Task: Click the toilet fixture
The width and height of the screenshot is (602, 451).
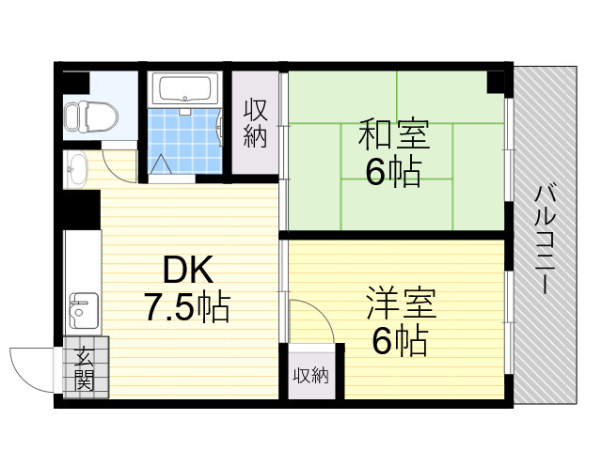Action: pos(90,117)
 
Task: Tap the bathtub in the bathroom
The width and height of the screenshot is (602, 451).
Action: pos(185,89)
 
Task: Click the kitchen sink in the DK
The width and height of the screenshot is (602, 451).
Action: pos(84,311)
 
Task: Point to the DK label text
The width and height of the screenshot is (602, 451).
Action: pos(188,270)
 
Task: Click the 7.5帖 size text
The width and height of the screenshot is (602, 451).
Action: pos(187,307)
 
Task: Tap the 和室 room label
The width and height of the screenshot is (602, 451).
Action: pos(394,134)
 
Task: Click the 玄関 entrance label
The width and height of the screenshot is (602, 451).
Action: pos(84,368)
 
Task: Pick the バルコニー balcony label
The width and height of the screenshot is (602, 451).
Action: pos(546,239)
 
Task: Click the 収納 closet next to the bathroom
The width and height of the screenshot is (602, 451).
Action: pos(255,123)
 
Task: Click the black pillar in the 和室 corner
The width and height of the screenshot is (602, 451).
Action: pos(496,82)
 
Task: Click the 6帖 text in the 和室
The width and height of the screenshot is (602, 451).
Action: pos(393,172)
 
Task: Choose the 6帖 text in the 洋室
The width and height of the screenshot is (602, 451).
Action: pos(400,341)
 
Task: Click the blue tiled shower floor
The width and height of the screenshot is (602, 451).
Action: pos(184,141)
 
